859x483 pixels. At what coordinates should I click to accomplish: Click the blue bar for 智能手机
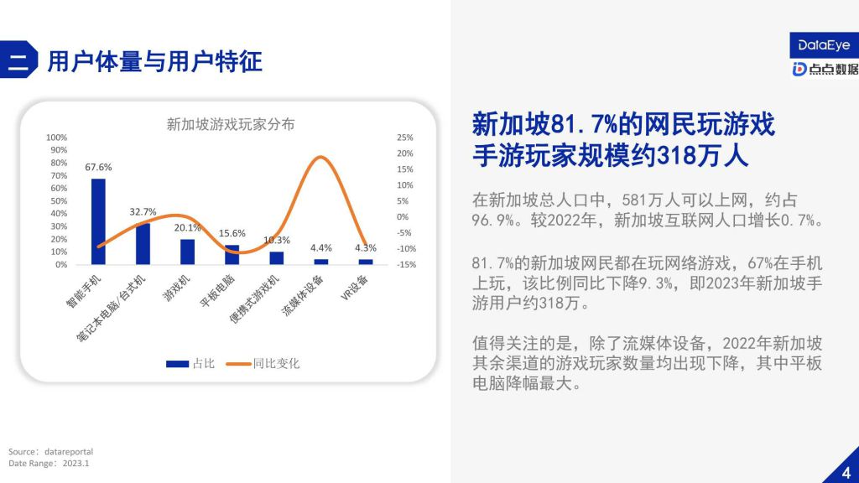tap(98, 221)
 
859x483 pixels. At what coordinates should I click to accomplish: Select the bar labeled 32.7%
tap(143, 244)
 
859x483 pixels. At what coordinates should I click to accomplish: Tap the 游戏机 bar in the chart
tap(187, 252)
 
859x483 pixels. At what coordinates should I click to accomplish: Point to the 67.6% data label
tap(98, 167)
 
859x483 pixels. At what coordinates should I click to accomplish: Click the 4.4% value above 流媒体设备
tap(321, 248)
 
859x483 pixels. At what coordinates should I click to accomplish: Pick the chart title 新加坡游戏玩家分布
tap(231, 124)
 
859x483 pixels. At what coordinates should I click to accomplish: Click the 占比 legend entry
tap(190, 364)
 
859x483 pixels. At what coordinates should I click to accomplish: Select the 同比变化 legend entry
tap(263, 364)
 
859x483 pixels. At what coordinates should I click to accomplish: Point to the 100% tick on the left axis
tap(56, 138)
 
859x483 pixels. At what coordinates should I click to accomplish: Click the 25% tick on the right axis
tap(405, 138)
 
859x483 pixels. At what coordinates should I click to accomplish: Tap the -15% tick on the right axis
tap(407, 264)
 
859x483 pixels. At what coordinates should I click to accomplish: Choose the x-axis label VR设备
tap(355, 288)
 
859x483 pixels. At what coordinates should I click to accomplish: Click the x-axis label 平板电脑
tap(217, 290)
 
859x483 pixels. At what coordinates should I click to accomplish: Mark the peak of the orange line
tap(320, 157)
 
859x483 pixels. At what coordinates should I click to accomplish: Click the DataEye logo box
tap(824, 45)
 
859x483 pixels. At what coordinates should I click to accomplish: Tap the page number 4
tap(846, 472)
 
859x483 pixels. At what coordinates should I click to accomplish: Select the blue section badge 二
tap(18, 60)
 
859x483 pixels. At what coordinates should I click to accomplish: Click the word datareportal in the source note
tap(69, 452)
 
